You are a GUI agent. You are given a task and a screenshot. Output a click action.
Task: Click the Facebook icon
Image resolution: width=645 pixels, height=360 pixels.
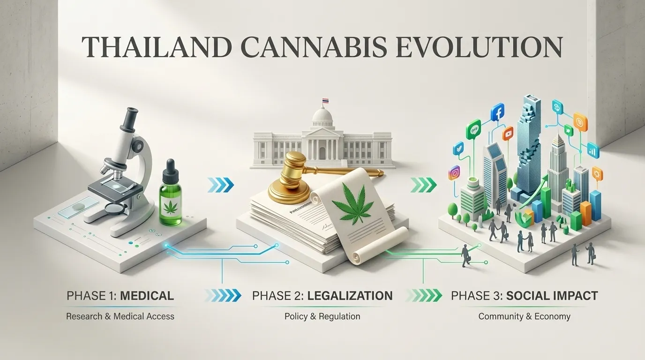(x=497, y=112)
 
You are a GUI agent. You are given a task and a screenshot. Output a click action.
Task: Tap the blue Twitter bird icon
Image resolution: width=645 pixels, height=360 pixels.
(x=458, y=148)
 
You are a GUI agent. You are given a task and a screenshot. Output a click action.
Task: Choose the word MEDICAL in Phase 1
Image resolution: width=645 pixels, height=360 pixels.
(x=147, y=296)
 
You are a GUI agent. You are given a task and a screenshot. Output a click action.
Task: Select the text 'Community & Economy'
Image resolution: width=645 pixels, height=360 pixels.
(x=524, y=316)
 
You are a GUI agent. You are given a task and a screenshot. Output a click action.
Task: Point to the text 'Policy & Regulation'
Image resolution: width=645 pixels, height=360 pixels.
(x=322, y=316)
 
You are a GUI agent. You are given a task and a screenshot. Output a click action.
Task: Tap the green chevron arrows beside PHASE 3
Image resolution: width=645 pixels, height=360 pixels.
(x=423, y=296)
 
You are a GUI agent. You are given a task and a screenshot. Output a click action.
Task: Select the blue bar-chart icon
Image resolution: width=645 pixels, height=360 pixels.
(x=593, y=150)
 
